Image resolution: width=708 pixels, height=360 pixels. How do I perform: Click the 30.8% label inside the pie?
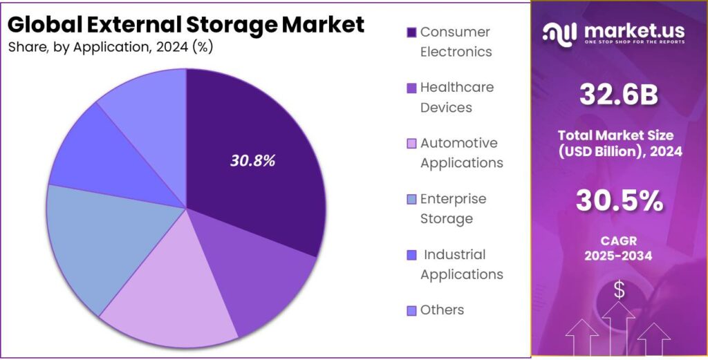coord(252,161)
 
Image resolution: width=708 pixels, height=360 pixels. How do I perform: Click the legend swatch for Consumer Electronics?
coord(411,32)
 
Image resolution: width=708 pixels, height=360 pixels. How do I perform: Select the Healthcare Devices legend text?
coord(456,97)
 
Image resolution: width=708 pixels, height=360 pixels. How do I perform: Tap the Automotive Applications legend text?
coord(461,153)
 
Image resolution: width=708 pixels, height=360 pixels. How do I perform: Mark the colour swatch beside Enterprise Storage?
coord(411,200)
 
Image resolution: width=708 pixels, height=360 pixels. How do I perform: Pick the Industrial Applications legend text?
coord(461,264)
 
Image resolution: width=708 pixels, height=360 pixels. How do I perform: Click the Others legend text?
coord(442,310)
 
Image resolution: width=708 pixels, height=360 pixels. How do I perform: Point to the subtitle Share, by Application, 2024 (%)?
coord(110,47)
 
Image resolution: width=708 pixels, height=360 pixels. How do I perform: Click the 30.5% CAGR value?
coord(619,201)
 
